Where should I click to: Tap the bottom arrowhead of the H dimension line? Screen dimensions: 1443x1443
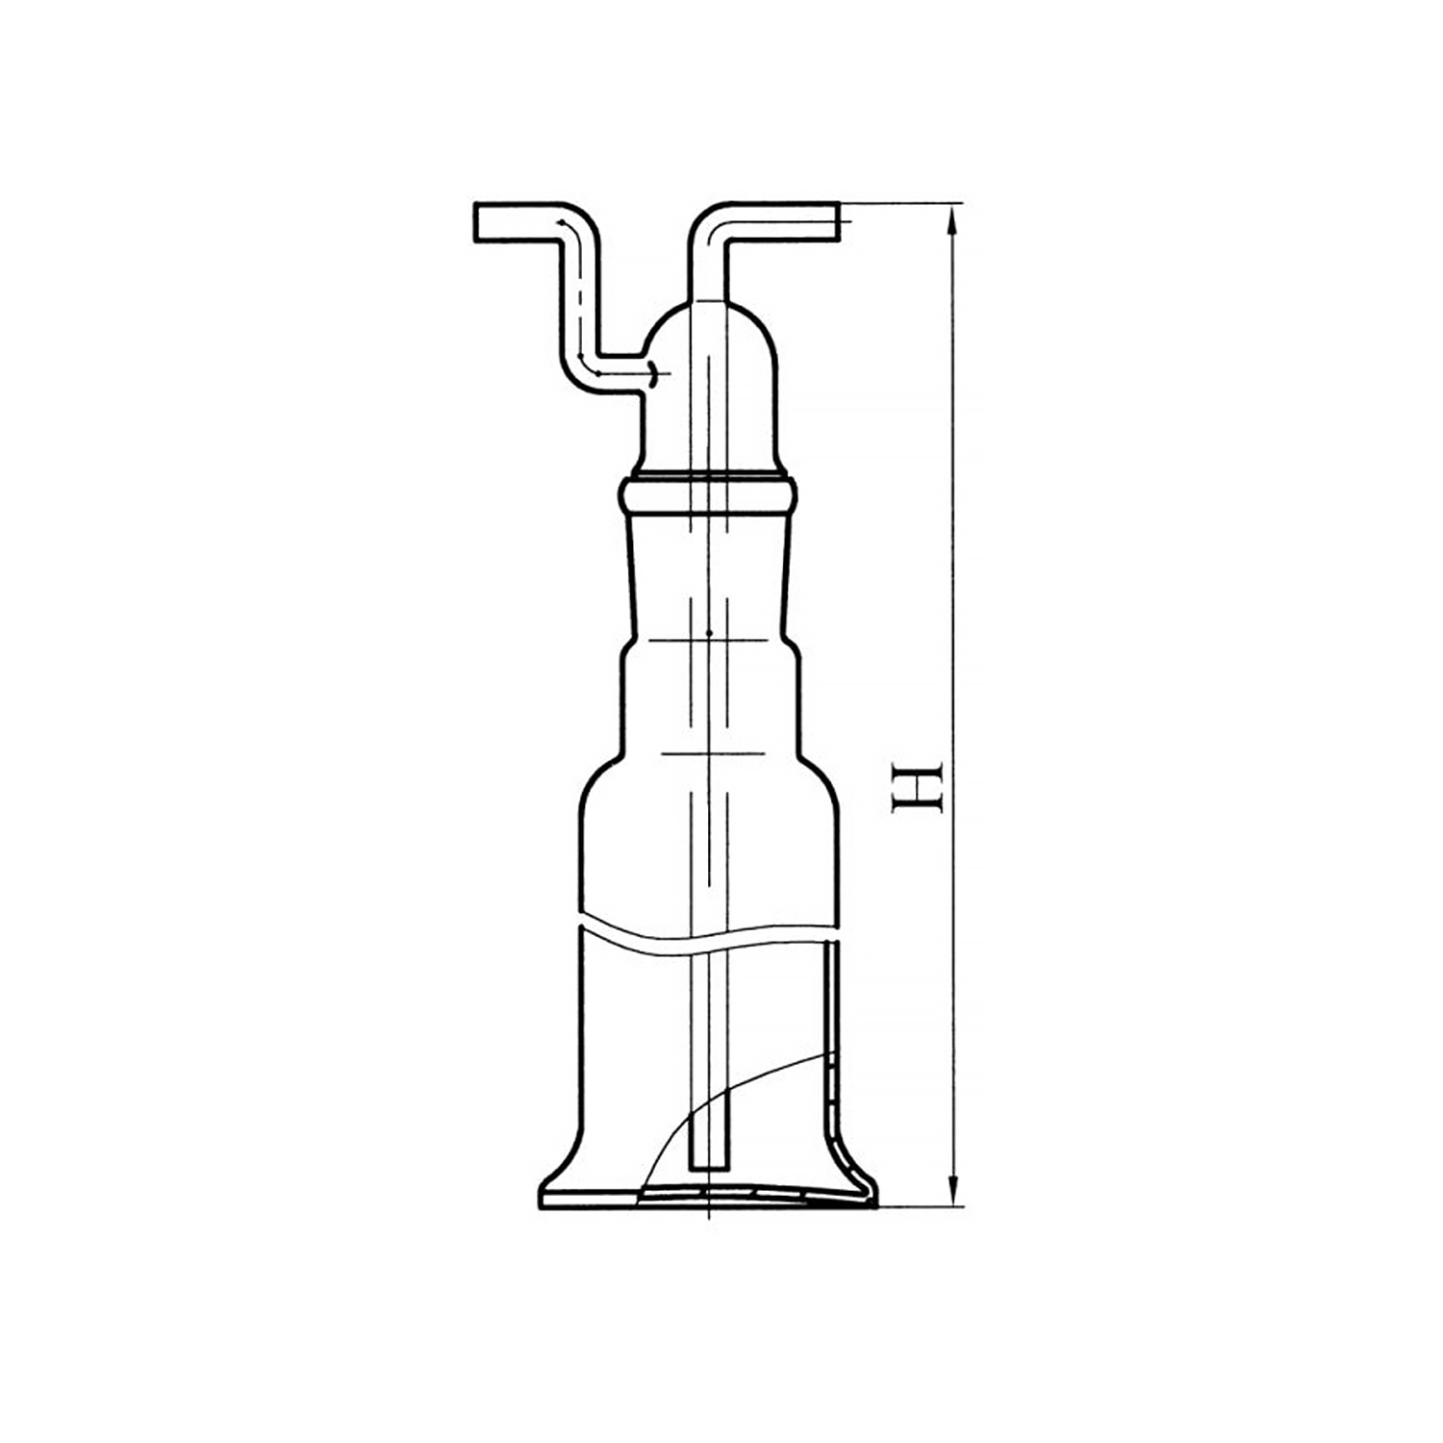(x=952, y=1191)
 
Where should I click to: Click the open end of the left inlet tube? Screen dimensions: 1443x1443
(x=476, y=222)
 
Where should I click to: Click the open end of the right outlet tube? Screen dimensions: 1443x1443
(x=838, y=222)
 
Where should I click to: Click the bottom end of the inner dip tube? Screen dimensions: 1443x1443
(x=709, y=1168)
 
